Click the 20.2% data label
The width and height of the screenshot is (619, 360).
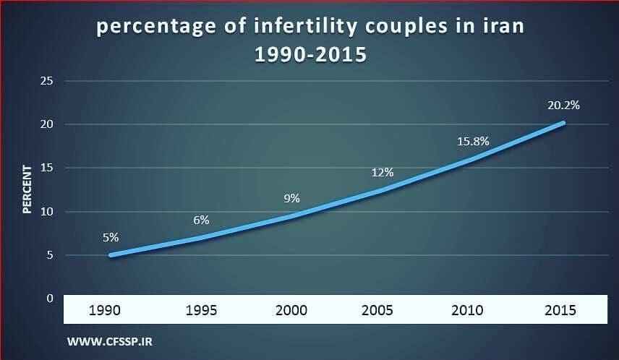coord(563,105)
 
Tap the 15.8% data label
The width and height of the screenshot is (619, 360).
coord(473,141)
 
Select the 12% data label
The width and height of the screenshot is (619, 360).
coord(383,172)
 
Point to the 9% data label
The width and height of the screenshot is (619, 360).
coord(291,198)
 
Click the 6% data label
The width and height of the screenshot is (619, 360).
coord(201,220)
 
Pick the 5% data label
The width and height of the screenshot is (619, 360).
coord(111,236)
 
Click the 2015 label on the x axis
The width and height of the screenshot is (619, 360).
coord(561,310)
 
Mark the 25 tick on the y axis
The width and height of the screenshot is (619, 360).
coord(47,81)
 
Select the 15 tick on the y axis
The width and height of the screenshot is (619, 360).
coord(47,168)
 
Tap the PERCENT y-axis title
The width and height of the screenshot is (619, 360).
coord(27,189)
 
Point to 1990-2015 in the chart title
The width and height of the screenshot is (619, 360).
coord(309,54)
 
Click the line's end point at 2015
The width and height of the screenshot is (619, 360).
coord(563,123)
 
